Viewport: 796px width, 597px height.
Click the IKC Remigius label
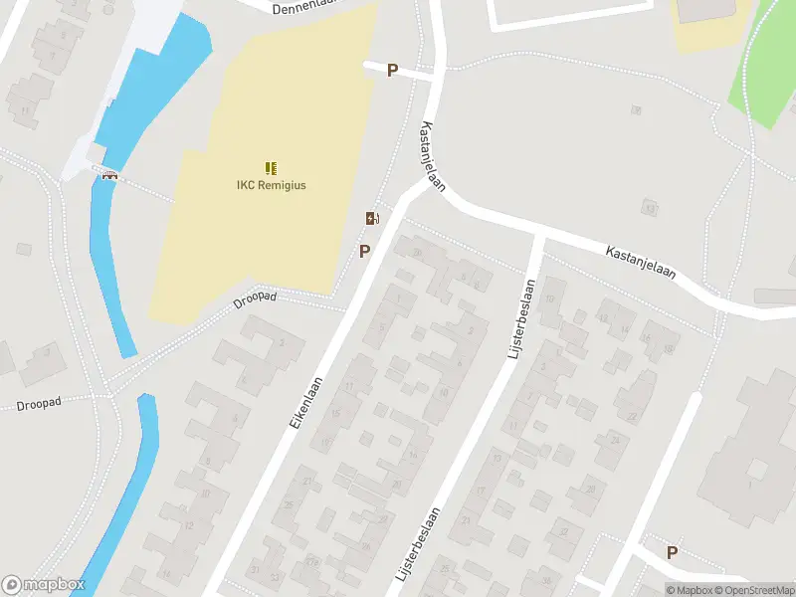click(271, 185)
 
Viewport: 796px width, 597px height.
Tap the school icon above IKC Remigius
click(271, 167)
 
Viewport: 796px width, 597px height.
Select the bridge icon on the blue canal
click(109, 176)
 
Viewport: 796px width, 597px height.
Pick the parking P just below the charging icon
click(365, 251)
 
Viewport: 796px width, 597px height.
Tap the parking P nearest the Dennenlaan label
click(392, 71)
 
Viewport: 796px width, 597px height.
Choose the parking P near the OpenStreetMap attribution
click(672, 553)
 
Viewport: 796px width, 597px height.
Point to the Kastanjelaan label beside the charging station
click(432, 157)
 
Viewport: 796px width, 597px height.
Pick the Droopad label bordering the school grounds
click(254, 299)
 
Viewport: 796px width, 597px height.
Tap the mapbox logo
click(42, 585)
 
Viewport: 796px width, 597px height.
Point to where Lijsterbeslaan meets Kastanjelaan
click(538, 238)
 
